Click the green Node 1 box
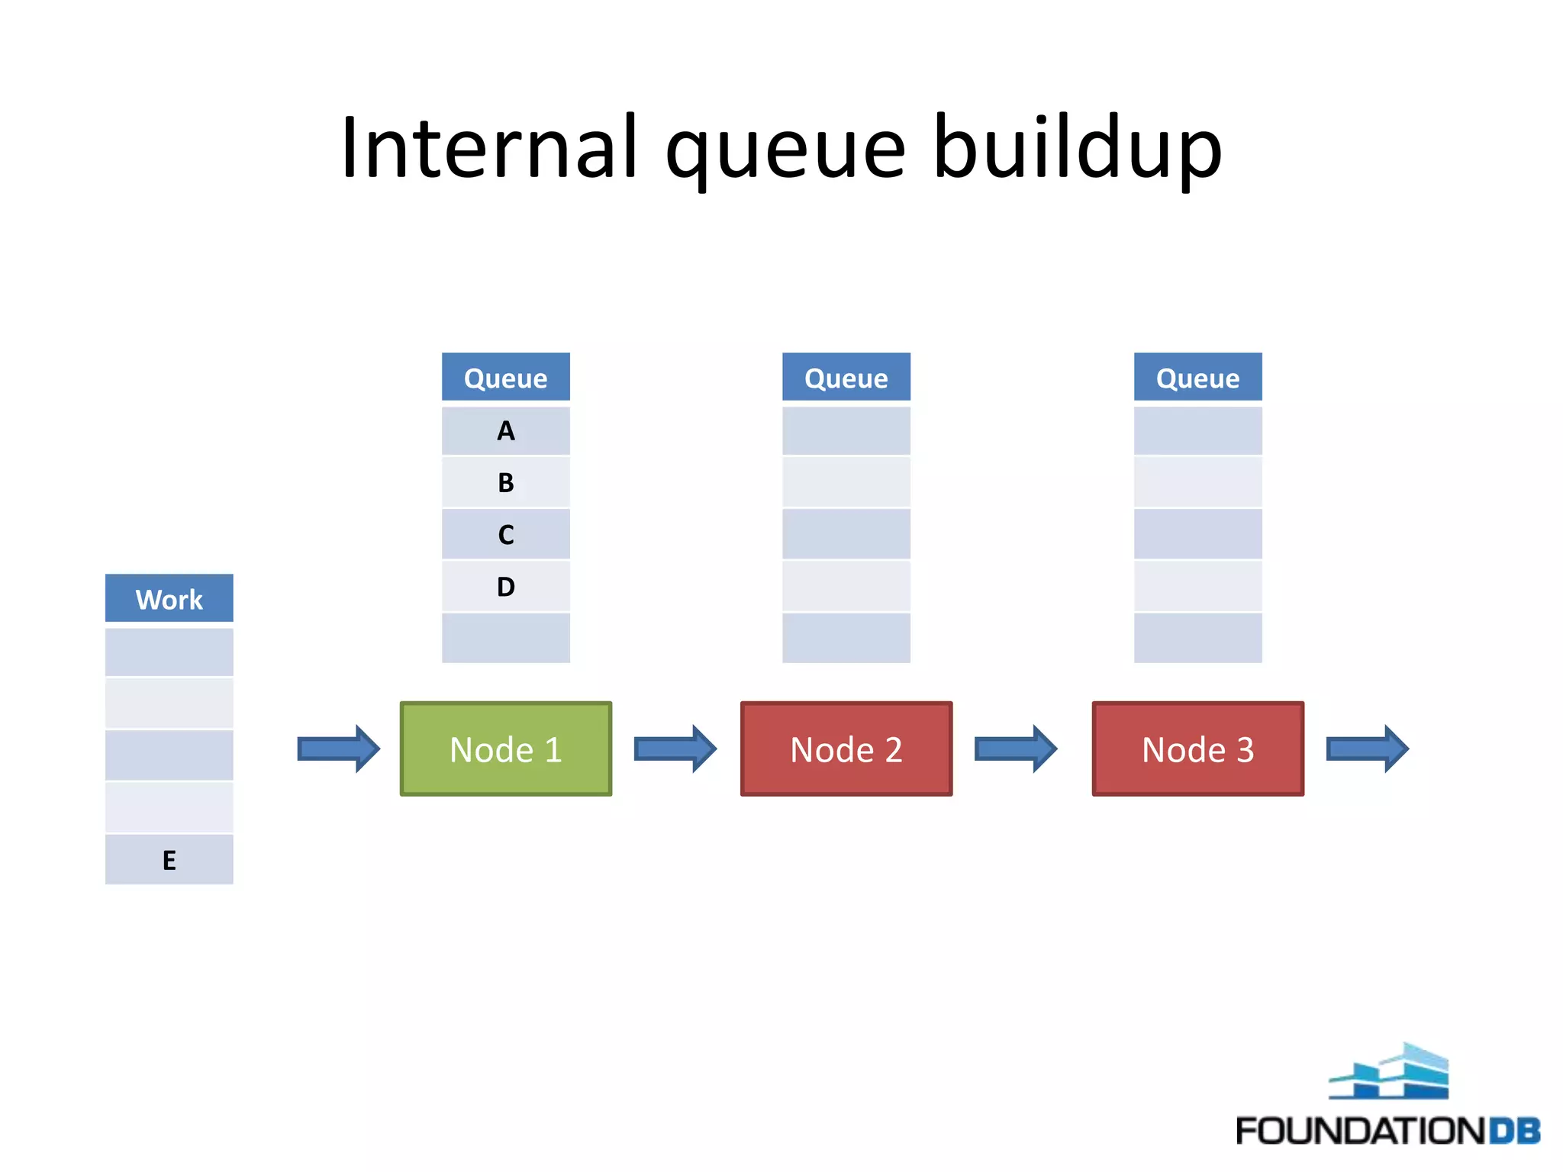[506, 749]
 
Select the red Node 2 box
[846, 749]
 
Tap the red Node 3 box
[1197, 749]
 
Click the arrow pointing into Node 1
[338, 749]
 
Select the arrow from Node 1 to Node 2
[675, 749]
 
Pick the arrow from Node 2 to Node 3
[1016, 749]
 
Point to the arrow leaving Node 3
[1367, 749]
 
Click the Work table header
[169, 599]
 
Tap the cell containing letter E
[169, 860]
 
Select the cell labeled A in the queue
[506, 431]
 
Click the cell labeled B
[506, 482]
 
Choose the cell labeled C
[506, 534]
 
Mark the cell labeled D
[506, 586]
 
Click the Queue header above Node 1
[506, 378]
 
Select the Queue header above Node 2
[846, 378]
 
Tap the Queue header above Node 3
[1197, 378]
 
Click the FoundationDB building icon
[1389, 1072]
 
